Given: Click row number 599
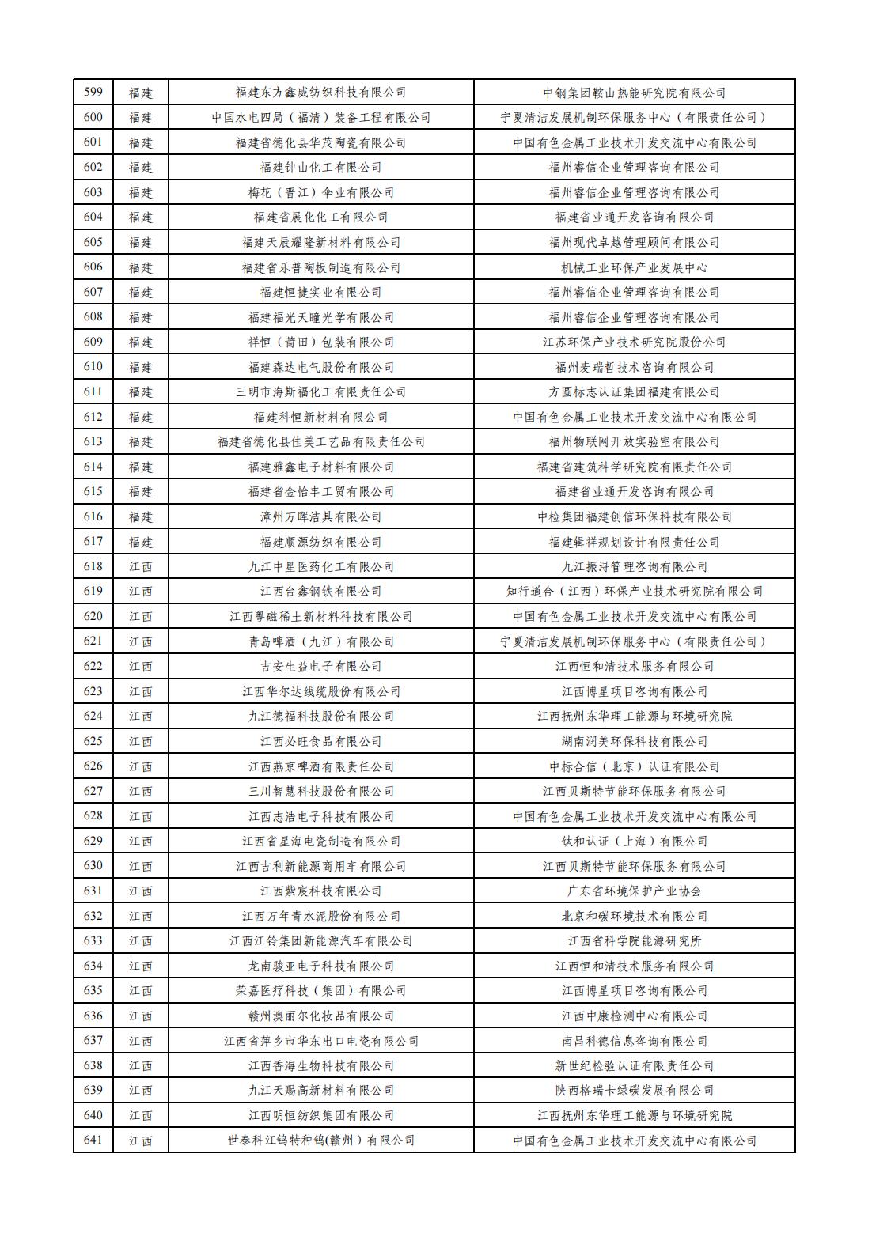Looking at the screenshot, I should [93, 93].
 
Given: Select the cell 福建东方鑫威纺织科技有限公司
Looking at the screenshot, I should [320, 93].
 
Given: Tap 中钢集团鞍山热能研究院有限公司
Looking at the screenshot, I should [634, 93].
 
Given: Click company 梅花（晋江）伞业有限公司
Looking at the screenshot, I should [320, 193].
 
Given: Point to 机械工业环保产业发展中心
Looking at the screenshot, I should [634, 267].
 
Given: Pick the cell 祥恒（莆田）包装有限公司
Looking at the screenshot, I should [320, 342].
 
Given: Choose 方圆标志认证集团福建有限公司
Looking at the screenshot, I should [634, 392].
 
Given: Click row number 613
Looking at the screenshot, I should [93, 442].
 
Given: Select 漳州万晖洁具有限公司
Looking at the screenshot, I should [320, 517].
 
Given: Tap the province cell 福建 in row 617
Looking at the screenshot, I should [141, 543].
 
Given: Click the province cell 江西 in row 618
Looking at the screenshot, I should [141, 567].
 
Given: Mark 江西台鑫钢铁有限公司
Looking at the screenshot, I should [320, 592].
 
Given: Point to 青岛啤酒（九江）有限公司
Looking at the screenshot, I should [320, 641].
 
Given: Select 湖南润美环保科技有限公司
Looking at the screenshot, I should [634, 742].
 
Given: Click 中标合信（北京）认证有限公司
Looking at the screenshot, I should [634, 766].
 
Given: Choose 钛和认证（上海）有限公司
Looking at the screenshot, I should [634, 842].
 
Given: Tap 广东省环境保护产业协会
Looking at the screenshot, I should [634, 891].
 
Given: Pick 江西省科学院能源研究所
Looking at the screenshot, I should [634, 941].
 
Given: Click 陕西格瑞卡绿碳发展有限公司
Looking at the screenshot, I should [634, 1091].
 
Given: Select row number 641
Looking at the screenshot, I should [93, 1140].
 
